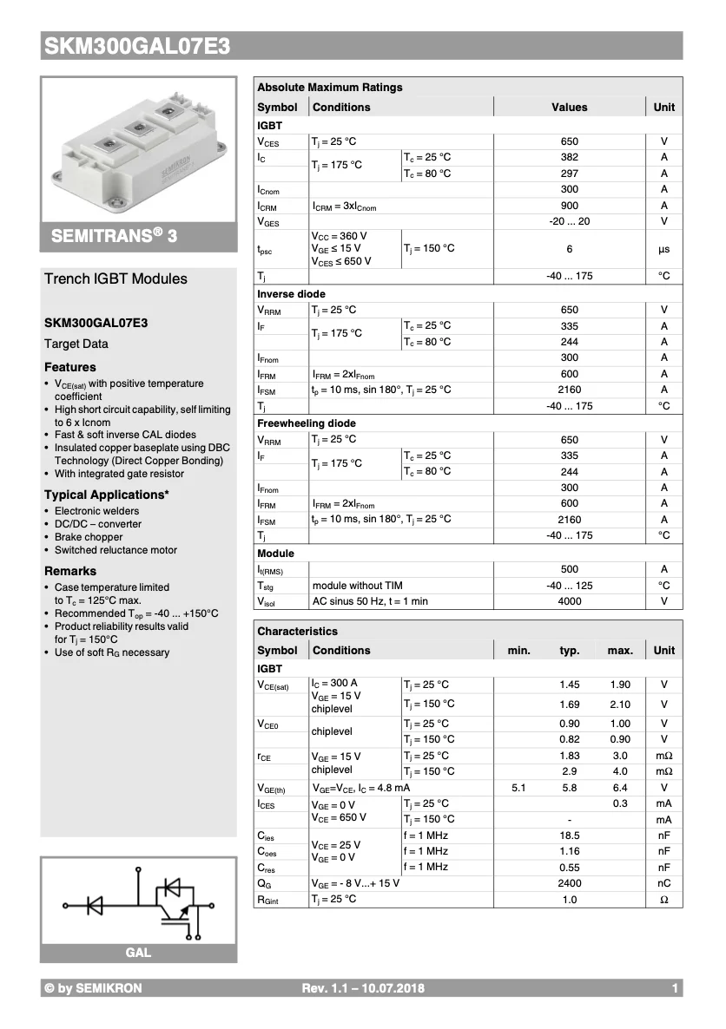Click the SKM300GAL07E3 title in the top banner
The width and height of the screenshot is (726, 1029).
coord(137,47)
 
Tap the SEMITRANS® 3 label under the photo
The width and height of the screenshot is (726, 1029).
coord(114,236)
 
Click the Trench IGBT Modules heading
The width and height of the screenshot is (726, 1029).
coord(115,279)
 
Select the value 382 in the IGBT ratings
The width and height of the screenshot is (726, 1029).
coord(569,157)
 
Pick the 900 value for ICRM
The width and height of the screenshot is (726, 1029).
coord(569,206)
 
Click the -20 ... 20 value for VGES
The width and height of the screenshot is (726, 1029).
coord(569,222)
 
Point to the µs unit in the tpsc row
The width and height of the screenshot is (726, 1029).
coord(663,249)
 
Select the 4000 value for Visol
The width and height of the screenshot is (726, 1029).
coord(569,601)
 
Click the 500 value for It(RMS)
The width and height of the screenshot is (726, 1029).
coord(569,569)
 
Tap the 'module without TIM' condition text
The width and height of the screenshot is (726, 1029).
coord(357,586)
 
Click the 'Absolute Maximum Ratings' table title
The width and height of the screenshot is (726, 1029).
coord(330,88)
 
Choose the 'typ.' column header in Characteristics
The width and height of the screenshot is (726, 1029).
coord(569,651)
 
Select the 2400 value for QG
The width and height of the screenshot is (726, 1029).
coord(569,883)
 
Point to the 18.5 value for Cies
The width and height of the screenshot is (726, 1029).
coord(569,836)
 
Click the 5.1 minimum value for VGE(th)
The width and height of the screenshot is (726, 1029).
coord(518,788)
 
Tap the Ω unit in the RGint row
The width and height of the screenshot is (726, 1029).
coord(663,900)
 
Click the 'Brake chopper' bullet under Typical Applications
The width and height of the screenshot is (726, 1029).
coord(89,537)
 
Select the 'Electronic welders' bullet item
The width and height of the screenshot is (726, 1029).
coord(96,511)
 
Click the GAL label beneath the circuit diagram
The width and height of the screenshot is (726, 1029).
coord(138,953)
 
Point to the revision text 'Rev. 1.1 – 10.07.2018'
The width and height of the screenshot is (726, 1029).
coord(363,988)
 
